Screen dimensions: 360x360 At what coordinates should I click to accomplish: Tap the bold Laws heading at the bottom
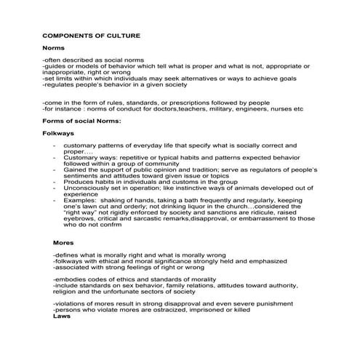[63, 316]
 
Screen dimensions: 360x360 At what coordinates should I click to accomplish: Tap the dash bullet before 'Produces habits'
[55, 181]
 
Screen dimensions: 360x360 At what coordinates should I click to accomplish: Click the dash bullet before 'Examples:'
[55, 200]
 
